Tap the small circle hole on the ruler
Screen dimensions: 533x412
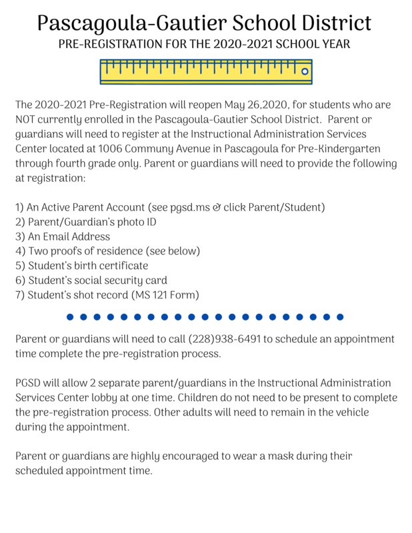305,71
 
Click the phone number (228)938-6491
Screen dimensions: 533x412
224,339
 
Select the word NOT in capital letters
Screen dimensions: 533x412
27,120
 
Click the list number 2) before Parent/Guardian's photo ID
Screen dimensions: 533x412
20,222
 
